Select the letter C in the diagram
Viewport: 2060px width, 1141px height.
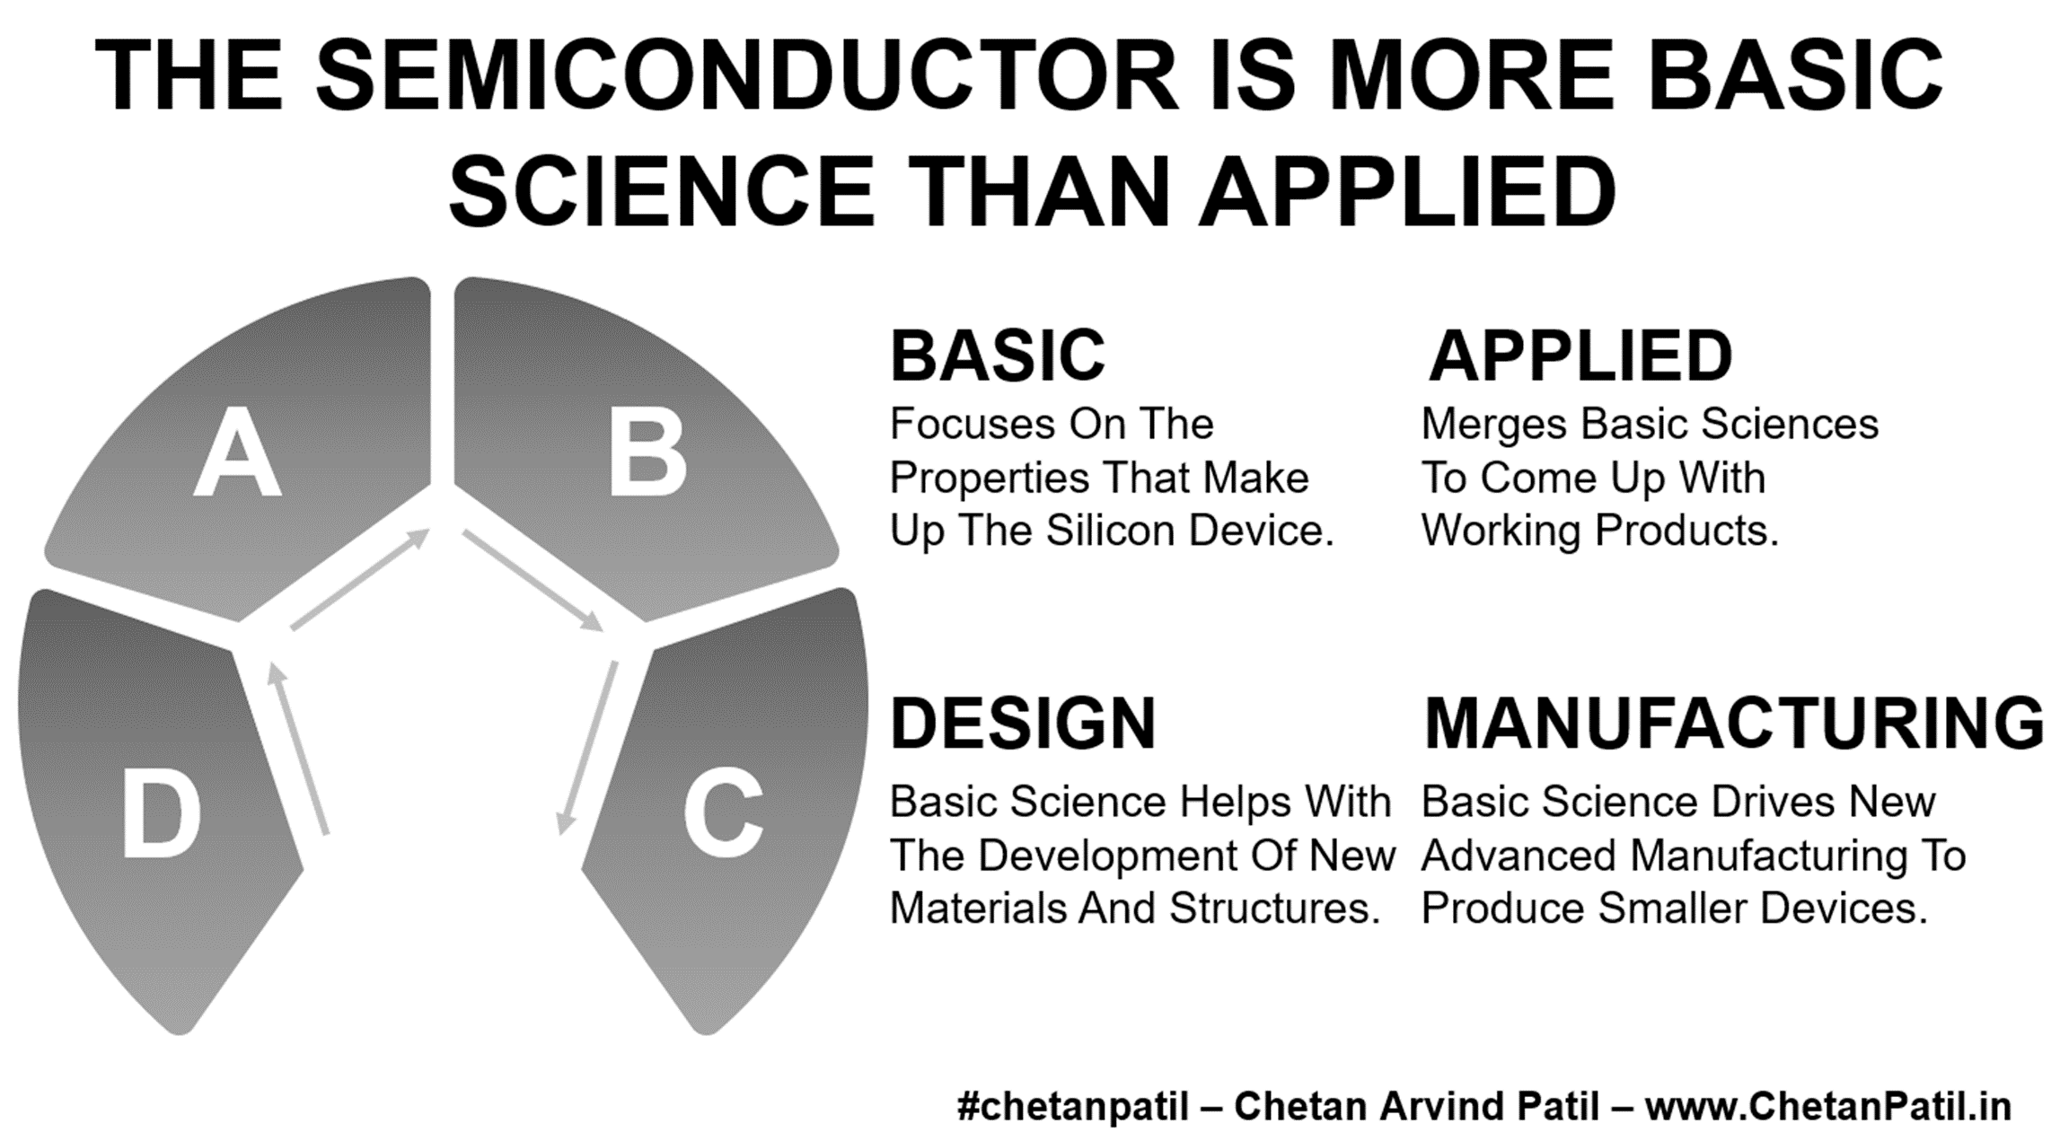723,812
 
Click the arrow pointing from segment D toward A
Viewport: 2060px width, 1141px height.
299,749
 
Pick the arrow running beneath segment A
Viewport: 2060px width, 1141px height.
360,579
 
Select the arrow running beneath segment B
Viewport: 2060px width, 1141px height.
533,580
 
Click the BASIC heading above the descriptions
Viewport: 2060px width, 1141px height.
998,356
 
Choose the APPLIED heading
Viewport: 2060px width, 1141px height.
1580,356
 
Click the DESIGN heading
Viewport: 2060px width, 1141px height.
1023,724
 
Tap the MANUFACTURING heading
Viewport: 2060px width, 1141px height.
1734,724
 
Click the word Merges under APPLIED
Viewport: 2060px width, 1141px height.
1494,426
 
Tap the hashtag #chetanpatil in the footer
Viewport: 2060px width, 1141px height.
1073,1106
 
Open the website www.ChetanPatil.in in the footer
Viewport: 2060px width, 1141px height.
1828,1106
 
